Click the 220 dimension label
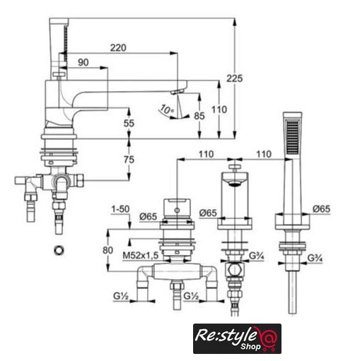[x=118, y=48]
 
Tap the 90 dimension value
[x=83, y=62]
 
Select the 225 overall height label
[x=234, y=78]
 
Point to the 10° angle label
[x=167, y=110]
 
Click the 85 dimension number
[x=199, y=116]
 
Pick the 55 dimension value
[x=129, y=123]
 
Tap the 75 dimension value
[x=129, y=160]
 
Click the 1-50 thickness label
[x=120, y=209]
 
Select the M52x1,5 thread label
[x=141, y=255]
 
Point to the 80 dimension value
[x=108, y=250]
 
